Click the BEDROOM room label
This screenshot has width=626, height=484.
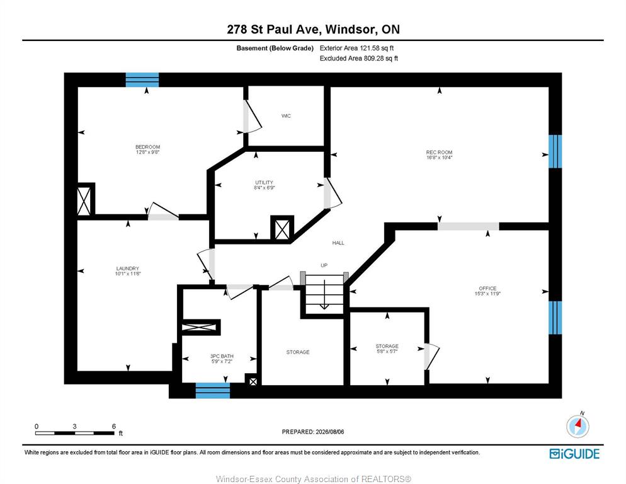tap(148, 147)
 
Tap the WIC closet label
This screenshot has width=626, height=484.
tap(287, 116)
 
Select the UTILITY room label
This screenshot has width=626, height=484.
tap(265, 182)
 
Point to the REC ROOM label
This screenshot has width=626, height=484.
tap(439, 153)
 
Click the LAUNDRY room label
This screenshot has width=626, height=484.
tap(128, 268)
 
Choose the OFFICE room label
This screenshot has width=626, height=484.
tap(487, 288)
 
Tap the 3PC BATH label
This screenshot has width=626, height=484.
tap(222, 356)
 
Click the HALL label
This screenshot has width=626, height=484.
tap(338, 243)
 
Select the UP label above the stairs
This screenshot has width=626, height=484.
tap(324, 265)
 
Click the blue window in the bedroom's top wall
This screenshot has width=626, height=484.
tap(142, 79)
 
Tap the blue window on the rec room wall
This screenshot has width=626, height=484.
tap(555, 151)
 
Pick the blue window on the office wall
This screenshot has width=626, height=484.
tap(555, 318)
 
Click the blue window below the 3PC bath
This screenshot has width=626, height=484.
tap(213, 391)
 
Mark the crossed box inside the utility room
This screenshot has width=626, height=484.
tap(282, 228)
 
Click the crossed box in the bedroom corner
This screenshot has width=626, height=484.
tap(84, 199)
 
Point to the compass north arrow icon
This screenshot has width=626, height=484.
tap(578, 426)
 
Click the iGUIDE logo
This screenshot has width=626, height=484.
tap(574, 454)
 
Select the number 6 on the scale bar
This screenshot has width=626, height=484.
tap(114, 426)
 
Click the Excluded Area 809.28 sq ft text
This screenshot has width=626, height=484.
tap(359, 59)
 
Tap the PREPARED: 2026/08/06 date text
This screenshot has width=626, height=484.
tap(313, 432)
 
